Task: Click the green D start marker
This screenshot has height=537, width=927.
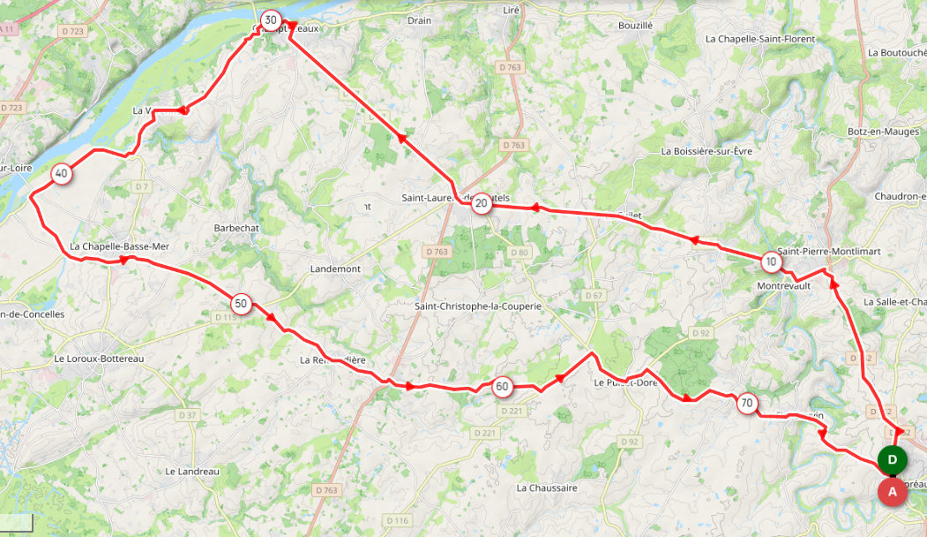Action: [x=893, y=460]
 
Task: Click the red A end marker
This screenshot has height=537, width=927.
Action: [x=892, y=491]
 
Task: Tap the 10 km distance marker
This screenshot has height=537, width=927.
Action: [x=772, y=261]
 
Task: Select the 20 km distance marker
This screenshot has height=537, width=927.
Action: [x=481, y=205]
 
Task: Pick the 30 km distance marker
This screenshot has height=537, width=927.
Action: [x=271, y=19]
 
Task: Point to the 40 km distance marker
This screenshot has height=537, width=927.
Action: [x=61, y=174]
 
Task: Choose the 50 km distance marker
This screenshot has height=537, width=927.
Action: [x=241, y=304]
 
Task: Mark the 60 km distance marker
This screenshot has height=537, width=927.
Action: [x=502, y=386]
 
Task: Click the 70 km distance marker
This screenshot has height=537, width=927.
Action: [x=746, y=405]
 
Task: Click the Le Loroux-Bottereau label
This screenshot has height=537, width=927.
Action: [x=99, y=359]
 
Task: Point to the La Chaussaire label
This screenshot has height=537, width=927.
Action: [x=547, y=488]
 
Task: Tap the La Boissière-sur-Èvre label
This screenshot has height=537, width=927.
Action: [x=706, y=151]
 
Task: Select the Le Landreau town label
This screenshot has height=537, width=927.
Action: [x=191, y=472]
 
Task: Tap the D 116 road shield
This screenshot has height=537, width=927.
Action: [x=399, y=521]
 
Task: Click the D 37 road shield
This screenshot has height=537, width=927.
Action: [x=187, y=415]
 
